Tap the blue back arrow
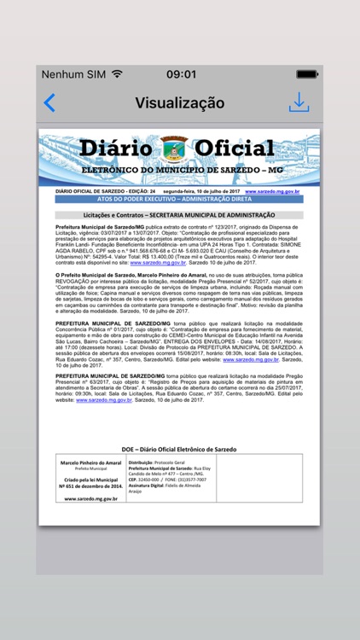click(x=49, y=103)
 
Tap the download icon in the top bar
click(x=299, y=102)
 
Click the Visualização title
click(x=180, y=103)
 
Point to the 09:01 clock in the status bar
click(x=181, y=74)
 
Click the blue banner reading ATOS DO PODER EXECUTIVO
click(x=179, y=198)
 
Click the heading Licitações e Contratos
click(x=179, y=214)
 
